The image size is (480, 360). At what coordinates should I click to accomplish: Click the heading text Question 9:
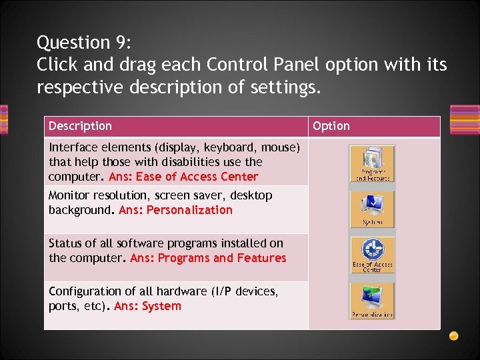84,43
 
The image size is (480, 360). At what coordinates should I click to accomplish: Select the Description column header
80,126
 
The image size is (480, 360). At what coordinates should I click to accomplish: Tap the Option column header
331,126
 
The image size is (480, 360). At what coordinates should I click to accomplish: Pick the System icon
372,209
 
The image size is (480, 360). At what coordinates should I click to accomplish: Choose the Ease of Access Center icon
372,255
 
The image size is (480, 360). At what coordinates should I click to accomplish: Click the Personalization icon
372,301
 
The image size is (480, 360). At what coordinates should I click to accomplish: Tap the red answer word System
161,306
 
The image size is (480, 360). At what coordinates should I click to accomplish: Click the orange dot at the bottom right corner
453,335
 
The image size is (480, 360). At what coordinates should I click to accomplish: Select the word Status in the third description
65,243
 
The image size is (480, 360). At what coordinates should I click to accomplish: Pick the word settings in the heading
283,87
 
